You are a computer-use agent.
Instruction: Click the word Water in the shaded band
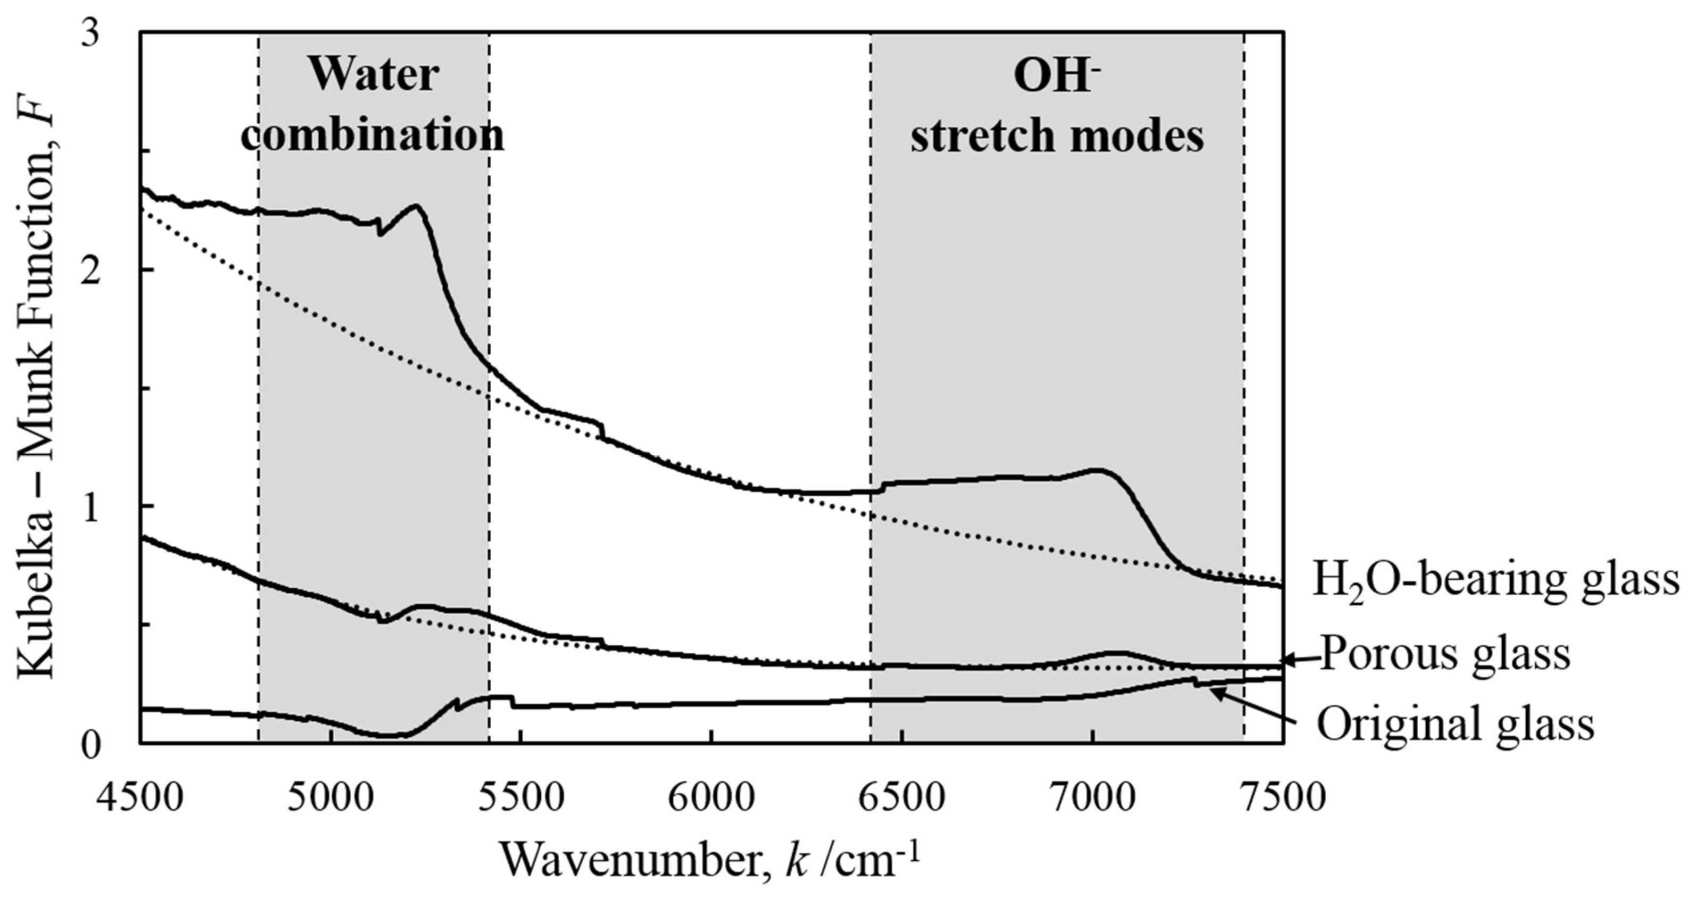point(374,75)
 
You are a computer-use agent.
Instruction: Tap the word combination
point(374,135)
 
